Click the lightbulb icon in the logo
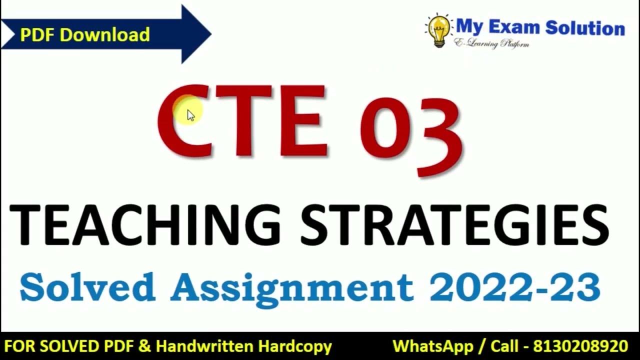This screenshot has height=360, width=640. [x=438, y=29]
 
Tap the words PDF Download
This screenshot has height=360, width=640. [x=84, y=34]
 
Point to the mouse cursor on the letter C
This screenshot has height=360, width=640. [x=190, y=115]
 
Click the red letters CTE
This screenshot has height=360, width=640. [x=242, y=121]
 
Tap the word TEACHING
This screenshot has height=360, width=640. [x=145, y=225]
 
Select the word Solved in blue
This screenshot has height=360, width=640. [x=87, y=287]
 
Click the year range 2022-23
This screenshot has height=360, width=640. [x=514, y=287]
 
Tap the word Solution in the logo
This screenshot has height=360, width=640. [x=585, y=27]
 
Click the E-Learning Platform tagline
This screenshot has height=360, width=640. [x=491, y=44]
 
